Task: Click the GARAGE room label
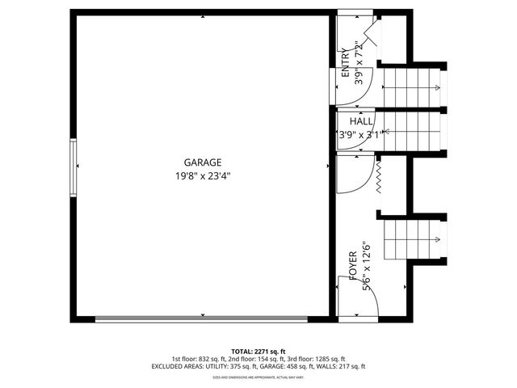[x=202, y=162]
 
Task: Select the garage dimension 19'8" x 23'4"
[x=202, y=175]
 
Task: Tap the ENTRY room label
[x=346, y=61]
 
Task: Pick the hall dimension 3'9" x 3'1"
[x=357, y=135]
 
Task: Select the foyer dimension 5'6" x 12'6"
[x=366, y=264]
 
